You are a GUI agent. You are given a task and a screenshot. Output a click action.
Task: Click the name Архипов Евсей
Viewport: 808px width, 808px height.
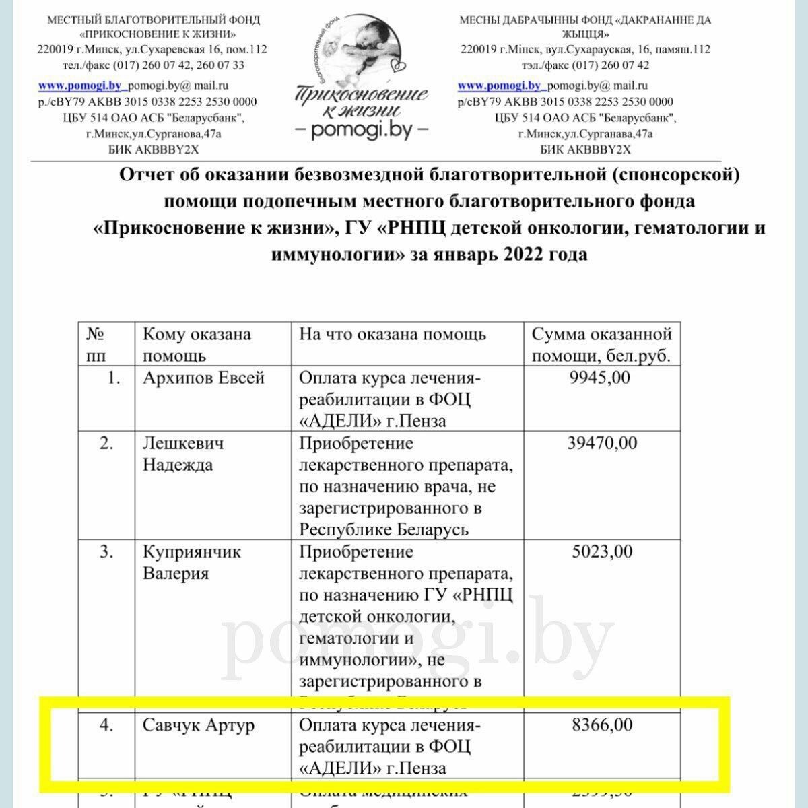[203, 378]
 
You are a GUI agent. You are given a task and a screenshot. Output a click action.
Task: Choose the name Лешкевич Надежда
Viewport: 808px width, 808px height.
[183, 454]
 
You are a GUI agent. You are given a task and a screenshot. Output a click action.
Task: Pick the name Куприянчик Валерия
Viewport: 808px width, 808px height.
[192, 563]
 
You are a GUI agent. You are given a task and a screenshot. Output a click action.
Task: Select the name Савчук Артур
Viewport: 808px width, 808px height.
[199, 726]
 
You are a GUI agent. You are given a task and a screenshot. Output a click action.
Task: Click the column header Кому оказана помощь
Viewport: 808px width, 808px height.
[197, 345]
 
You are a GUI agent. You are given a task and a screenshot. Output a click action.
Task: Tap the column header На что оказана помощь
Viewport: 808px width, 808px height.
[393, 335]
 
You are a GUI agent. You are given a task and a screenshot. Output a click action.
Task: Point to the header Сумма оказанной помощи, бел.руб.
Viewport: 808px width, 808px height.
[602, 345]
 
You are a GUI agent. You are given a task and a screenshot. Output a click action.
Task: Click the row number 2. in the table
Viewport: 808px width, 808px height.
[106, 444]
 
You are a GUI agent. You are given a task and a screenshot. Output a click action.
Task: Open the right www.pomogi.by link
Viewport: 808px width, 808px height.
[500, 86]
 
